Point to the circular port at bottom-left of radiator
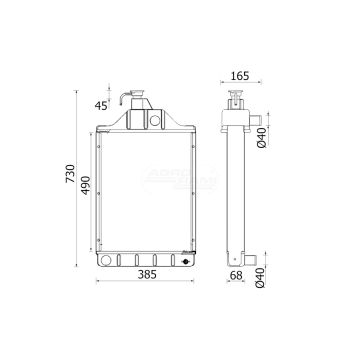point(107,261)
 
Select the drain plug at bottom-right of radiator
point(180,262)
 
